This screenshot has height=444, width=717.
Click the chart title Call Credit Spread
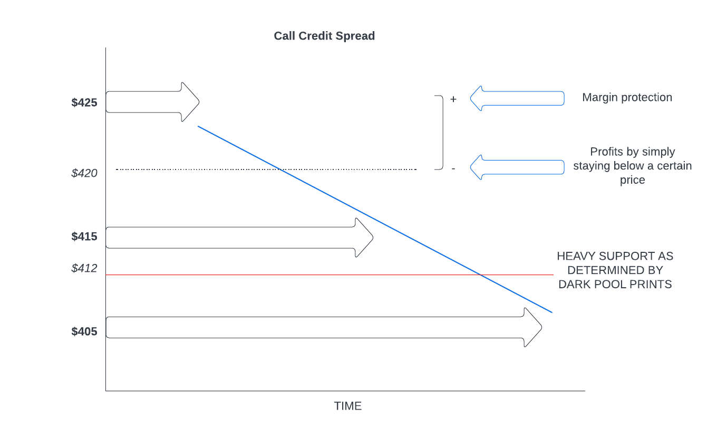pos(324,36)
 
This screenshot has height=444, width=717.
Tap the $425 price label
pos(84,102)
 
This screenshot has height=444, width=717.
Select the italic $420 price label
pos(84,173)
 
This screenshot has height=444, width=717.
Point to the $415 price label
pos(84,237)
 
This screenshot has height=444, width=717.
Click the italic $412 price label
pos(84,268)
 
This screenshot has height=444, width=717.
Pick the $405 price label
pos(84,332)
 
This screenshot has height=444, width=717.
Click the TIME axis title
pos(347,406)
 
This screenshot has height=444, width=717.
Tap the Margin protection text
pos(627,98)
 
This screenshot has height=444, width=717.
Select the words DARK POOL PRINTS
pos(615,284)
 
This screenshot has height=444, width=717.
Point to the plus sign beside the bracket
pos(453,99)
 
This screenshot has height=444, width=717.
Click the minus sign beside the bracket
pos(453,168)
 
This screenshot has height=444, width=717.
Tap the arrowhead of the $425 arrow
pos(190,102)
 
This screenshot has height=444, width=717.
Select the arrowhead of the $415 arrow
pos(364,238)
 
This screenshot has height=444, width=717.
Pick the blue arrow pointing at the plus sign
pos(517,98)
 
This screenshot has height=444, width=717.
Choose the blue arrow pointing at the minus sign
pos(517,167)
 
